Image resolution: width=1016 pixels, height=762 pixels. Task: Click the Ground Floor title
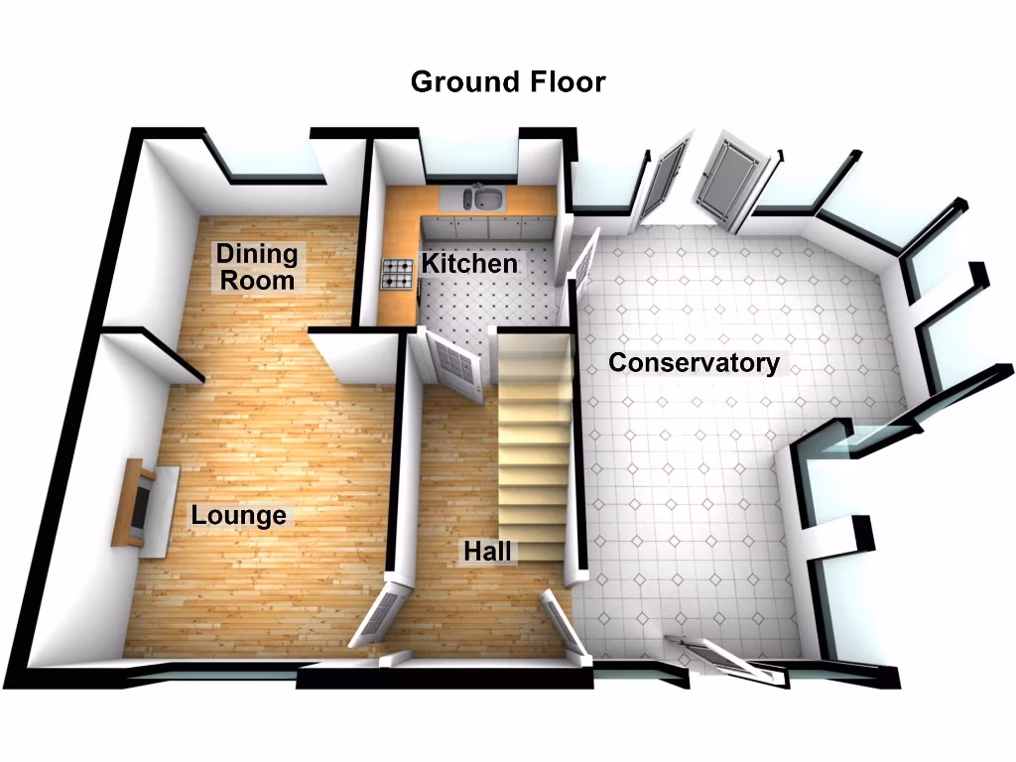[x=507, y=81]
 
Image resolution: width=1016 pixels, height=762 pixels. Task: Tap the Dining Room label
[x=257, y=267]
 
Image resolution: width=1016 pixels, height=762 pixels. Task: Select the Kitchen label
[x=469, y=264]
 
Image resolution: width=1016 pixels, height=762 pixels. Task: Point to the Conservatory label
[x=694, y=363]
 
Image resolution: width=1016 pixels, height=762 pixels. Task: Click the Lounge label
[x=238, y=516]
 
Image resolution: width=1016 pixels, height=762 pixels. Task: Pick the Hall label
[x=487, y=552]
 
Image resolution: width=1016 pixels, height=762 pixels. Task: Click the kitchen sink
[x=481, y=198]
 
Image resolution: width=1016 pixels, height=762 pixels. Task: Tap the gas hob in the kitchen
[x=398, y=273]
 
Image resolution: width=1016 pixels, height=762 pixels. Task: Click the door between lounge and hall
[x=381, y=615]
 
